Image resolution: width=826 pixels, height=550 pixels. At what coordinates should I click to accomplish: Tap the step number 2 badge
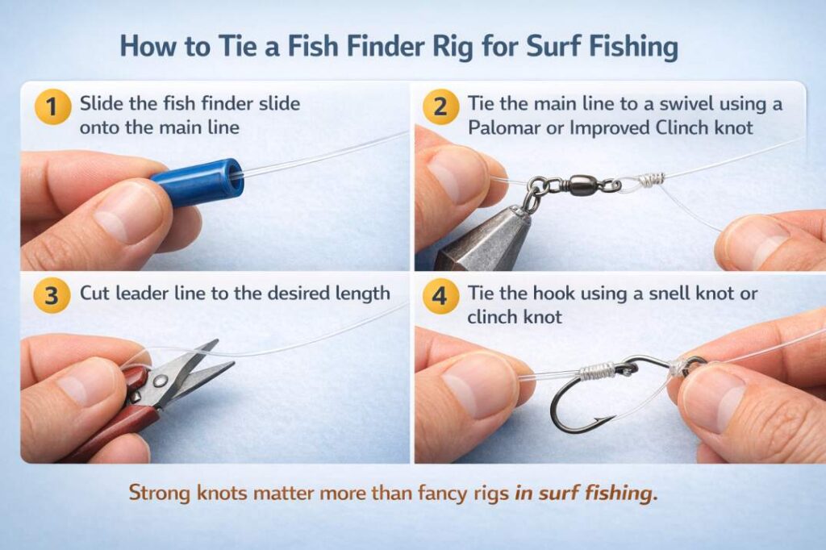(x=440, y=107)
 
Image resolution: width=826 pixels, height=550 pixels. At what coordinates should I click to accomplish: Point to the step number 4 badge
(x=440, y=295)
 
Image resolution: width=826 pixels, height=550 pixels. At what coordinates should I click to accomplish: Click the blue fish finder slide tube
(x=197, y=181)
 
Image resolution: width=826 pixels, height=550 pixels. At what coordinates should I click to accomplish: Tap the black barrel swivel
(x=578, y=185)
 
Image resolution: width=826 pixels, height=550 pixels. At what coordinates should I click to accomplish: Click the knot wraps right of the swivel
(x=652, y=180)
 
